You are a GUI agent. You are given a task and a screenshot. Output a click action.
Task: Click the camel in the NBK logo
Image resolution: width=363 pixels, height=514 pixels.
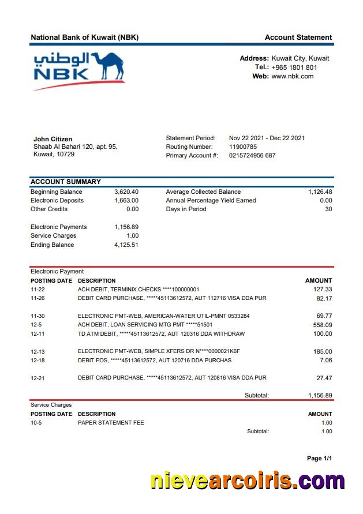click(107, 65)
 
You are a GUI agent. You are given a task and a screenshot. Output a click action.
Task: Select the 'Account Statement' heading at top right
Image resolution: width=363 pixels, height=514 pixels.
click(298, 37)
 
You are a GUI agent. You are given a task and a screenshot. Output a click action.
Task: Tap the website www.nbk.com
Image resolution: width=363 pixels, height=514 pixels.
click(292, 76)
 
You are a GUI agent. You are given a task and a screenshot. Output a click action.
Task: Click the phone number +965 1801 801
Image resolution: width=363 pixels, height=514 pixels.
click(294, 67)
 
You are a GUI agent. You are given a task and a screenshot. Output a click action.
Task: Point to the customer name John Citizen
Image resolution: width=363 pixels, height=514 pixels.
click(53, 139)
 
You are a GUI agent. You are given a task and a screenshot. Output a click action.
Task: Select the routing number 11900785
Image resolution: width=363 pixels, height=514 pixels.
click(243, 147)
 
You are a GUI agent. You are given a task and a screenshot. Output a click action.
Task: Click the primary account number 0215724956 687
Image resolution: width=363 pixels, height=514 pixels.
click(252, 155)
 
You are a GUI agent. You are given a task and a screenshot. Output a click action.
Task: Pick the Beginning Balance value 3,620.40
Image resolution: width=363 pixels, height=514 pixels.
click(126, 192)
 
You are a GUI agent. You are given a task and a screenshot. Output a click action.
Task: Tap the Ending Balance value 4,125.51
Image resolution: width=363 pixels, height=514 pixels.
click(126, 245)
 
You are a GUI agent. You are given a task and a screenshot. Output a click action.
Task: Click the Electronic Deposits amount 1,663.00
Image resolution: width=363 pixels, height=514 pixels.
click(126, 200)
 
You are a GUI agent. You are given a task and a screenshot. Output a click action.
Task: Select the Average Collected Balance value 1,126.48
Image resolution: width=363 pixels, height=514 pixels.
click(320, 192)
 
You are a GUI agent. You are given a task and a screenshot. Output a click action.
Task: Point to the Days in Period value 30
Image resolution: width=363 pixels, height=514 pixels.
click(328, 209)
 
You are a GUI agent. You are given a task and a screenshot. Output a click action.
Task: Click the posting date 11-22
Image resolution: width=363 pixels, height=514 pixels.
click(38, 289)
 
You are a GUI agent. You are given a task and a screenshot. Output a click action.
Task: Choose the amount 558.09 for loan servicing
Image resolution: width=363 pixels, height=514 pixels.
click(323, 325)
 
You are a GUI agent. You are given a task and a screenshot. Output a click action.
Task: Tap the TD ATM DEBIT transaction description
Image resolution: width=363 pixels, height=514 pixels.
click(161, 333)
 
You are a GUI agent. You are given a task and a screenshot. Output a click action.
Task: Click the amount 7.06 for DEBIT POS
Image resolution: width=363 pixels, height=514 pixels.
click(325, 360)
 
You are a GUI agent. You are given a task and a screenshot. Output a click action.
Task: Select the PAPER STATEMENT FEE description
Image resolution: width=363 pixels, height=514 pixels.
click(111, 422)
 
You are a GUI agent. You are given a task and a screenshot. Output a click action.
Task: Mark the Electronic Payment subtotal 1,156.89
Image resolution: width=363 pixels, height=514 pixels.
click(320, 395)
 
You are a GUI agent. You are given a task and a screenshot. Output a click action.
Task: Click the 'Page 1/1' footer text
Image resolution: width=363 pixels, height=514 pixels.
click(319, 458)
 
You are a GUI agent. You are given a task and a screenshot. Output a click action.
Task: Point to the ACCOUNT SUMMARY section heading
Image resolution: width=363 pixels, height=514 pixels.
click(65, 182)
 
